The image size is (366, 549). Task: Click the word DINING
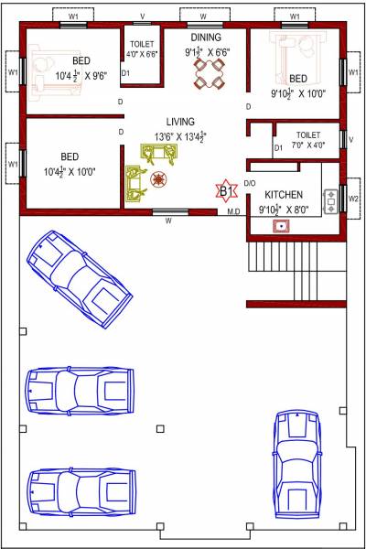(x=205, y=38)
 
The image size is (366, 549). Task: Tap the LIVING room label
(x=180, y=122)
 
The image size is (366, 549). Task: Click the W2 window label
(x=353, y=198)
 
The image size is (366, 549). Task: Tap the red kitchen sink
(x=285, y=225)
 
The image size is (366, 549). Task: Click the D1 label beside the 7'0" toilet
(x=278, y=147)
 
